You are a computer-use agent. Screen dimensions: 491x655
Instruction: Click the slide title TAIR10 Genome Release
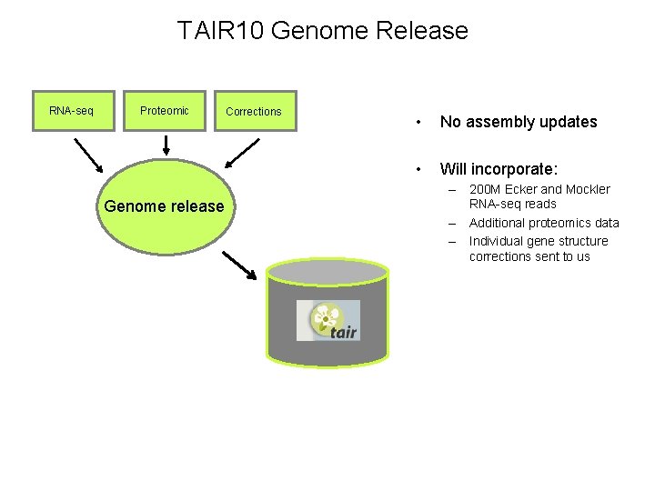click(x=323, y=31)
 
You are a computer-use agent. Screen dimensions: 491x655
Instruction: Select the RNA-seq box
click(x=74, y=111)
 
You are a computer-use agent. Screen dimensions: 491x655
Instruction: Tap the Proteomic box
click(x=165, y=111)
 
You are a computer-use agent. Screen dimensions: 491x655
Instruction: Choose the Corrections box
click(x=255, y=112)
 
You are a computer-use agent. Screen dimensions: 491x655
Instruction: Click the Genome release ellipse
click(x=164, y=205)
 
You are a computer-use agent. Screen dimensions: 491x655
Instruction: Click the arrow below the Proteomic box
click(x=166, y=145)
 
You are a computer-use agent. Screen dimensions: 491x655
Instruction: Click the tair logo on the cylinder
click(x=327, y=321)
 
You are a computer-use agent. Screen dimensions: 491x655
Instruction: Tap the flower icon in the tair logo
click(x=322, y=317)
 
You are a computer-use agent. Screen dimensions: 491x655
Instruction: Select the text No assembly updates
click(x=519, y=122)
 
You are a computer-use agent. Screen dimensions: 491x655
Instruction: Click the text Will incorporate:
click(x=499, y=169)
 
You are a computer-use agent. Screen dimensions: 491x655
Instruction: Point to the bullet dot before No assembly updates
click(x=417, y=122)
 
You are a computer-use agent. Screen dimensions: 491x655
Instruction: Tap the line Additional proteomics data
click(x=544, y=223)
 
